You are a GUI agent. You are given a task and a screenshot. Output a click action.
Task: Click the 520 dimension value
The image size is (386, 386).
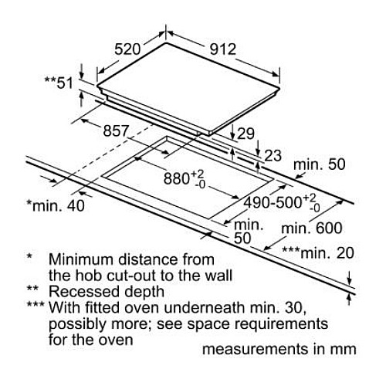(x=127, y=49)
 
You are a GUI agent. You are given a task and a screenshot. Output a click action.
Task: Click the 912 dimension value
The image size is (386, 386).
(x=223, y=49)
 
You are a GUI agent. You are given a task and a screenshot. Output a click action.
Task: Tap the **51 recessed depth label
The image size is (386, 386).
(x=59, y=83)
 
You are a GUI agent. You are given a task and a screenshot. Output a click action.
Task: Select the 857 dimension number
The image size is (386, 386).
(x=116, y=130)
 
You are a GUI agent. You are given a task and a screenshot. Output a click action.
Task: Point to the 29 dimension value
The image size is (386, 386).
(x=245, y=134)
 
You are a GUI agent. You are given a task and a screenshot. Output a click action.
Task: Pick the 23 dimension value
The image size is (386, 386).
(x=273, y=156)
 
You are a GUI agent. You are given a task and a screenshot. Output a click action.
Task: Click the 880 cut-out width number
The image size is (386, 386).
(x=177, y=178)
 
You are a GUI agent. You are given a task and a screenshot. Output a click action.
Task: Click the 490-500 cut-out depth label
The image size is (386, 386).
(x=273, y=202)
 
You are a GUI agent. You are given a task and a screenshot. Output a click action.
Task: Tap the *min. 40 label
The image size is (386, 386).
(x=56, y=205)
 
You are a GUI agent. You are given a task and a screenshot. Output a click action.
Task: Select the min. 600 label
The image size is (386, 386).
(x=312, y=228)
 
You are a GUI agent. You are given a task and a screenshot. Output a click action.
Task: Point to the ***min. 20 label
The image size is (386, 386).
(x=318, y=252)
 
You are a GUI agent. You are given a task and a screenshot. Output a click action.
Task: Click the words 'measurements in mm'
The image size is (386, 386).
(x=279, y=349)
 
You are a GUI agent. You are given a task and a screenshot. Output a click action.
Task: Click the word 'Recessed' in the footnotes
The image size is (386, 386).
(x=84, y=292)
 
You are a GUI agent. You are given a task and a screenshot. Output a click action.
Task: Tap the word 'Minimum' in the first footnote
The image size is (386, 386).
(x=81, y=259)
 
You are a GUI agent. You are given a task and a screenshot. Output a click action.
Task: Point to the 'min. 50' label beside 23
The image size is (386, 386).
(x=319, y=164)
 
